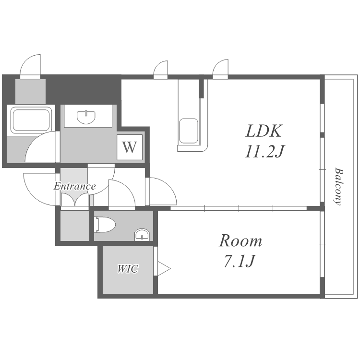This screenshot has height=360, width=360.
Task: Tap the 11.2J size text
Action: [x=264, y=152]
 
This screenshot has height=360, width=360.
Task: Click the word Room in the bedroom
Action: [x=240, y=240]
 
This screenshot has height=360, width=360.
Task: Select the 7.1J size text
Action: [x=239, y=262]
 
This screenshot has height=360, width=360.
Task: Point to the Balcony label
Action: [x=339, y=186]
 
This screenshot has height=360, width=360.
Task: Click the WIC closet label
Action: [x=128, y=269]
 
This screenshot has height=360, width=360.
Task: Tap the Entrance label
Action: [x=74, y=186]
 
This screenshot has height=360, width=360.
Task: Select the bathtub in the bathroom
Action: [x=31, y=120]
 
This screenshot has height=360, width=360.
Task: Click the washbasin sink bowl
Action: [x=86, y=116]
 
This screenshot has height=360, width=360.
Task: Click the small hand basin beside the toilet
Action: [x=142, y=234]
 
